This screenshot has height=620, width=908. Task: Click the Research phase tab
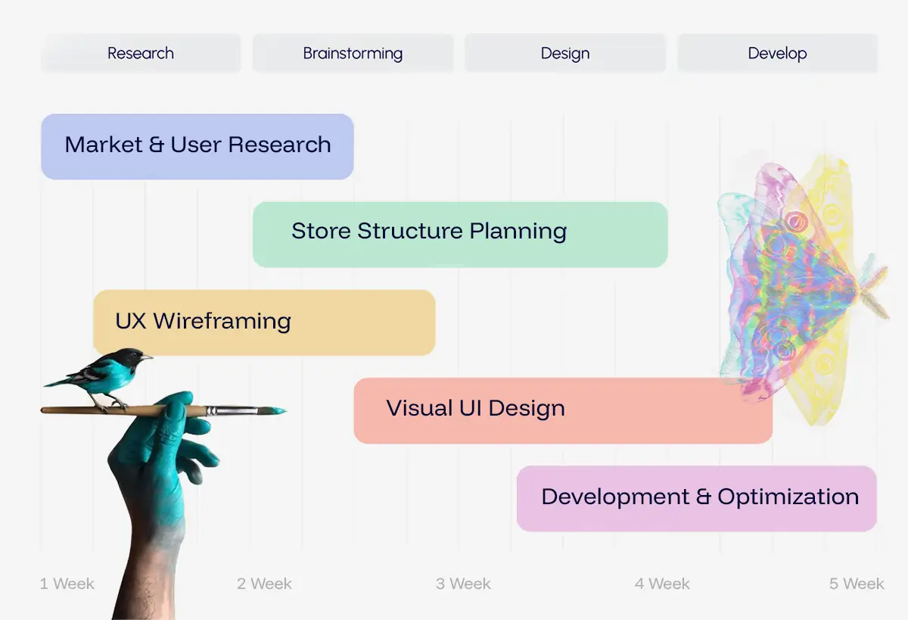141,53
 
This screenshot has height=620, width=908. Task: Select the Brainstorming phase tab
353,53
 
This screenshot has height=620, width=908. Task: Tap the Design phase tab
565,53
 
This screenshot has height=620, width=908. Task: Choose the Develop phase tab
778,53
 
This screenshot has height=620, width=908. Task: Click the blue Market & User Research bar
197,146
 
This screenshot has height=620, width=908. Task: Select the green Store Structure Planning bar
460,235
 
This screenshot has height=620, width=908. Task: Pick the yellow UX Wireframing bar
264,322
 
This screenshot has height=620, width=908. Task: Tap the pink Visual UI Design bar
563,410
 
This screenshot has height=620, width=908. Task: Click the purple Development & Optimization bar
697,498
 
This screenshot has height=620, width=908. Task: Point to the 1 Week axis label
67,584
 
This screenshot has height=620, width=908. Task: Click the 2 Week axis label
264,584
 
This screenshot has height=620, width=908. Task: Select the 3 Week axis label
463,584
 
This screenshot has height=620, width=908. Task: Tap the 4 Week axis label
662,584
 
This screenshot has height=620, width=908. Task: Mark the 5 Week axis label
857,584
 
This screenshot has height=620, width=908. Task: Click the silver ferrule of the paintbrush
232,411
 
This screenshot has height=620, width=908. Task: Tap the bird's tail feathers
61,382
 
